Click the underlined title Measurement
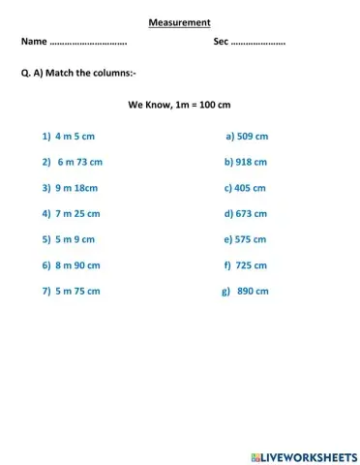point(179,22)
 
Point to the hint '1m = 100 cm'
point(203,104)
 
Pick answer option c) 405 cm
point(245,188)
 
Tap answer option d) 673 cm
point(245,213)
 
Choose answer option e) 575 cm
point(245,239)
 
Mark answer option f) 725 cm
point(245,264)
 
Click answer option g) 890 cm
point(245,291)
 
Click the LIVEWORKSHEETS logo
point(304,455)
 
